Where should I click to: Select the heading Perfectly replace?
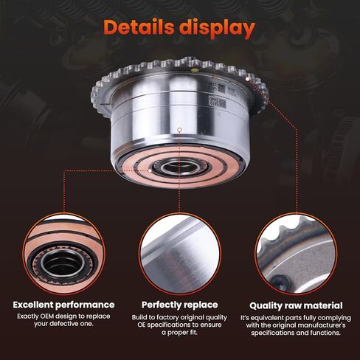(180, 304)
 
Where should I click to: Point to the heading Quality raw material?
(297, 304)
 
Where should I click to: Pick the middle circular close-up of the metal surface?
(180, 255)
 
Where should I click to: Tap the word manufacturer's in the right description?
(319, 325)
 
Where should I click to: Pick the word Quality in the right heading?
(269, 304)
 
